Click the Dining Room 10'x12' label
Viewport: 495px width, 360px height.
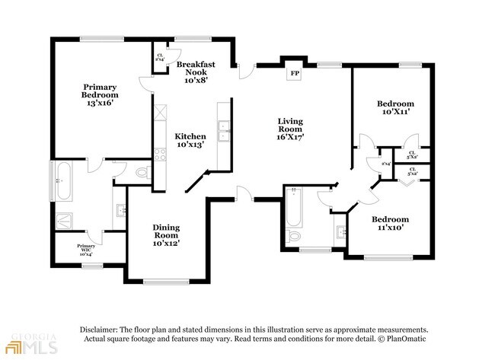[x=165, y=235]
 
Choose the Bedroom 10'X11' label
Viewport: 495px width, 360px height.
[x=395, y=107]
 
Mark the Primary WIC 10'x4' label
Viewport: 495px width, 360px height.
[x=85, y=249]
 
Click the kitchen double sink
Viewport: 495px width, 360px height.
[x=223, y=132]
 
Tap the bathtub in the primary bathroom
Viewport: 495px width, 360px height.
[x=64, y=179]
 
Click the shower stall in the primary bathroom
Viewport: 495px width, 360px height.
[x=66, y=219]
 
